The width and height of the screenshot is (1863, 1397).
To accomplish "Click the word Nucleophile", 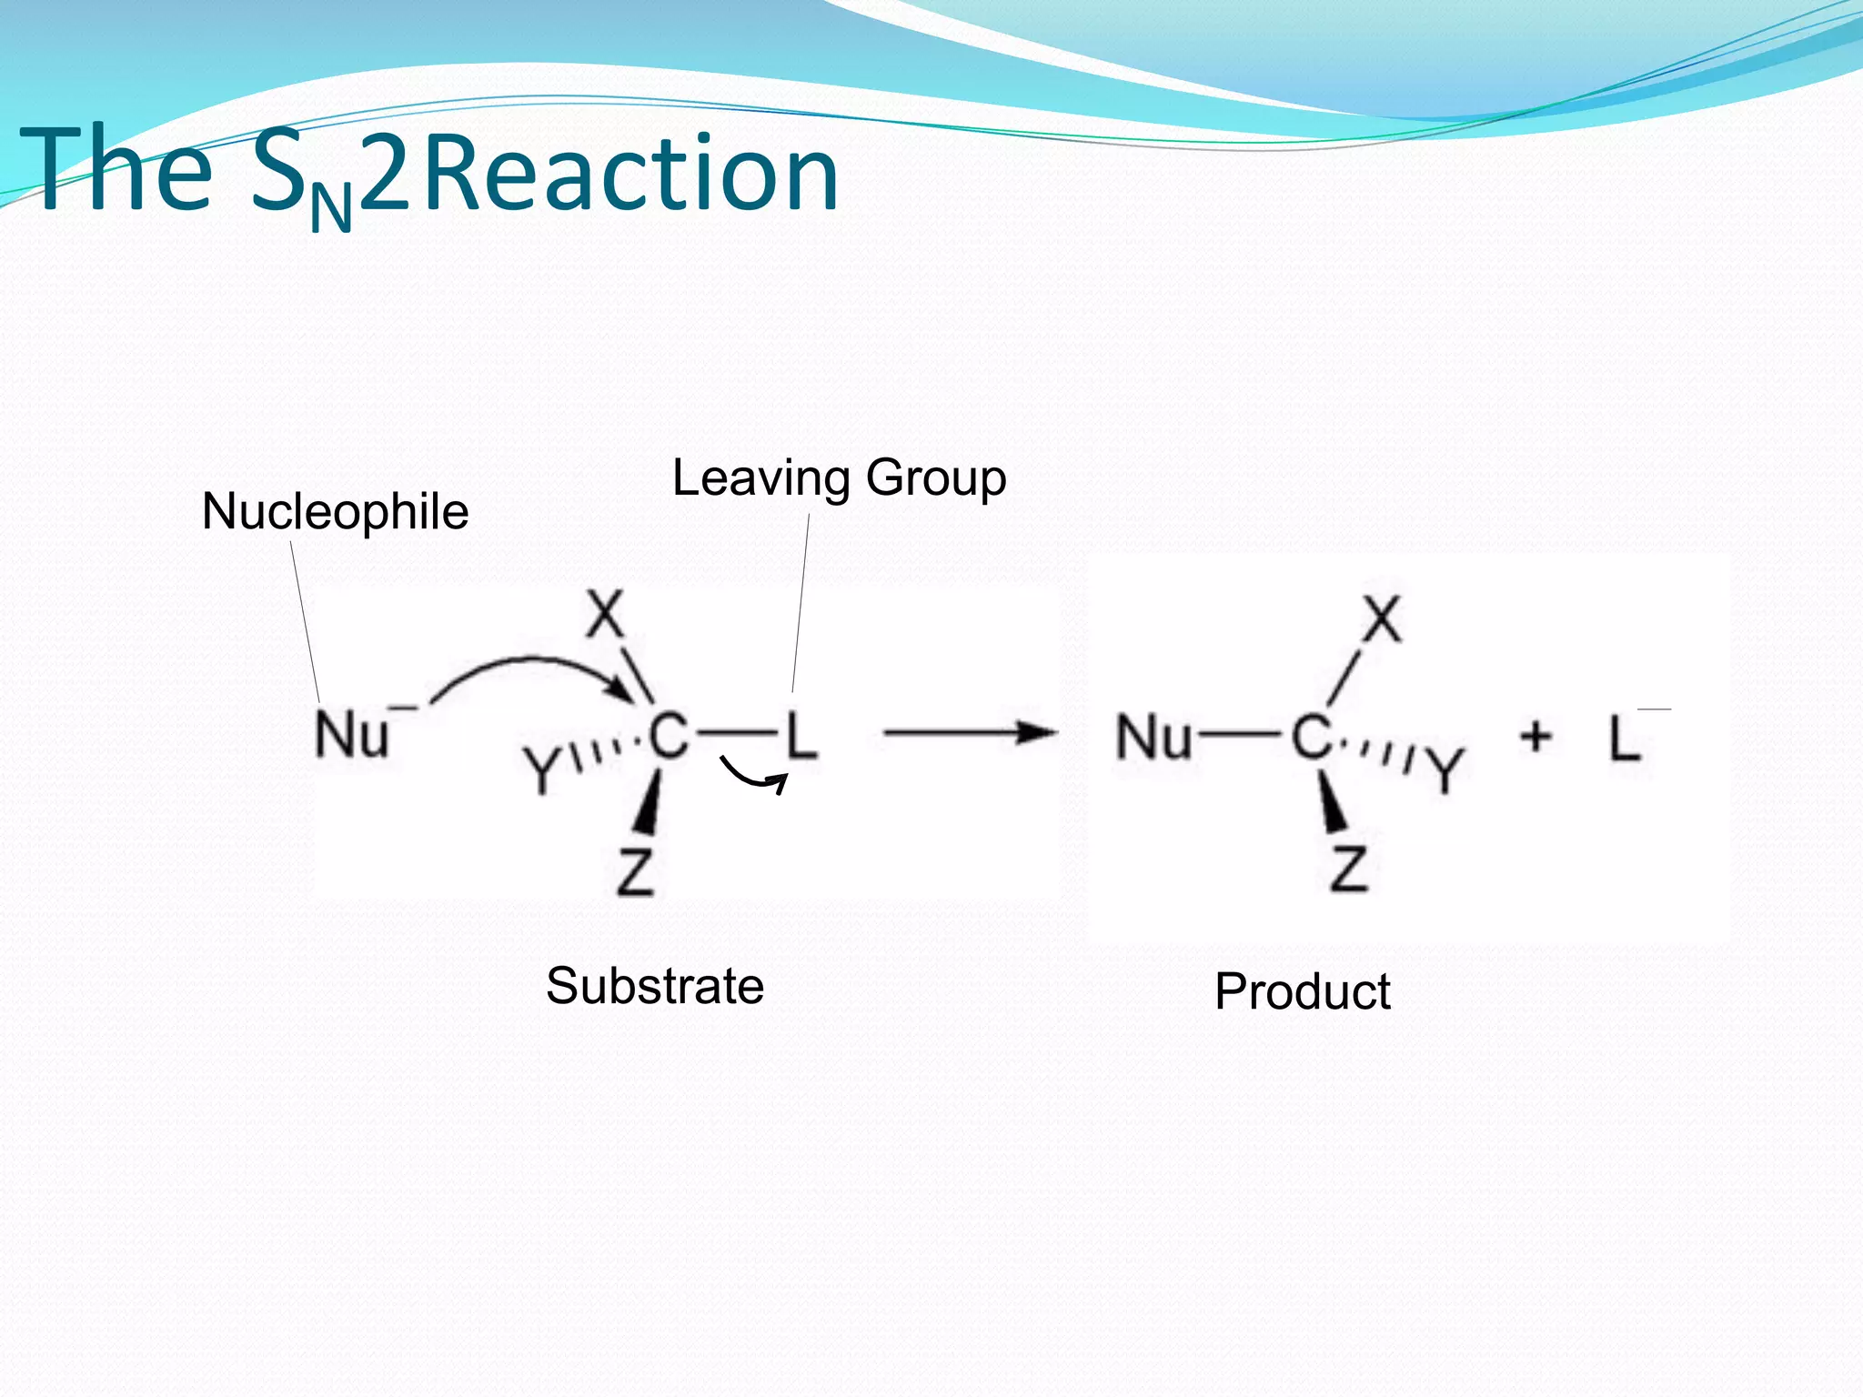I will click(x=335, y=511).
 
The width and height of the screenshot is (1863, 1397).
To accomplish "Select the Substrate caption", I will click(x=654, y=986).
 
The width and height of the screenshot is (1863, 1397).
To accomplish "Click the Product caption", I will click(x=1302, y=991).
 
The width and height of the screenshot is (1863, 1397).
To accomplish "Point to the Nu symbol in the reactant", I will click(x=353, y=735).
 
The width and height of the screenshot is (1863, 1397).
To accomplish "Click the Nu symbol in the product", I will click(x=1153, y=737).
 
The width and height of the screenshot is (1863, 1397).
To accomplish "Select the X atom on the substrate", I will click(x=605, y=614).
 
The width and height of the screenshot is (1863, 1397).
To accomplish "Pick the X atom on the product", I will click(x=1382, y=620).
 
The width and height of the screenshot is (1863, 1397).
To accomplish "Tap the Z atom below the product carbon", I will click(x=1348, y=869).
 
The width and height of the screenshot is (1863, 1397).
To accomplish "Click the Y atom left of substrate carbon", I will click(x=543, y=769).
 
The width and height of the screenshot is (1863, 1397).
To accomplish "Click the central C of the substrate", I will click(x=669, y=735).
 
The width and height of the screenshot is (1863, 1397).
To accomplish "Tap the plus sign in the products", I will click(x=1536, y=735).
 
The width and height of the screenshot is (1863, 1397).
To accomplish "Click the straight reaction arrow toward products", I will click(x=969, y=731).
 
